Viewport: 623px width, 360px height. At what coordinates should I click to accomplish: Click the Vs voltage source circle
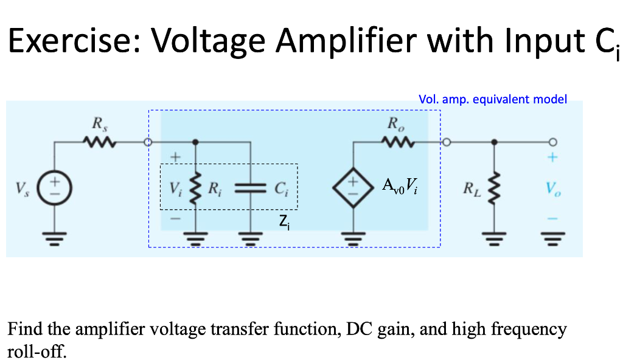54,187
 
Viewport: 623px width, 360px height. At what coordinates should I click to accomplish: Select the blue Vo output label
551,186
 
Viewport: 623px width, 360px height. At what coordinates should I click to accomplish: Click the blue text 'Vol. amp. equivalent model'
493,99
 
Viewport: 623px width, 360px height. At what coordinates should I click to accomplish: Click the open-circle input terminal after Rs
147,143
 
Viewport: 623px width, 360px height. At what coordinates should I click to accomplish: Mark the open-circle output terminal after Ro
445,143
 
